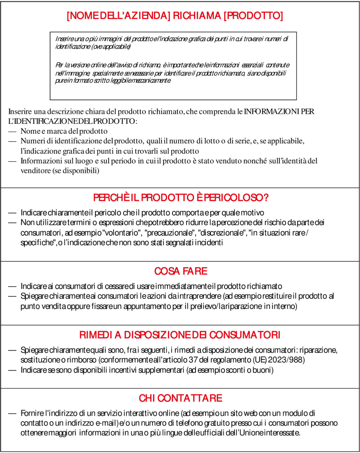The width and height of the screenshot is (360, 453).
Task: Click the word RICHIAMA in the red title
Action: (197, 16)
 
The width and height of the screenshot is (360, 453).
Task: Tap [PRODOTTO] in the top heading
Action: (253, 16)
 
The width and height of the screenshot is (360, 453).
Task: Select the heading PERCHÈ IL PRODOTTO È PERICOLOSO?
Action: (181, 198)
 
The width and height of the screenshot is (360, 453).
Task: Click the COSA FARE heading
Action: (181, 271)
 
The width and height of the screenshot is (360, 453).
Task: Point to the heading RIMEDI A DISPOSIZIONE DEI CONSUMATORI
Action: (180, 335)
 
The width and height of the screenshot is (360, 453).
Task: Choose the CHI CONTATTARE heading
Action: (180, 398)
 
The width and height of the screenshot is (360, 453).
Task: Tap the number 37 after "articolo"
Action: (193, 360)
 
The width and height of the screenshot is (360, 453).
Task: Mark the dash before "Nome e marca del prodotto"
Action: (12, 131)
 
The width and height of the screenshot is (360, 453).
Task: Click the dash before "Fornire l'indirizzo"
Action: (12, 413)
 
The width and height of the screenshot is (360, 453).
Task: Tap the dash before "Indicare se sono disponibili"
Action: (12, 370)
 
